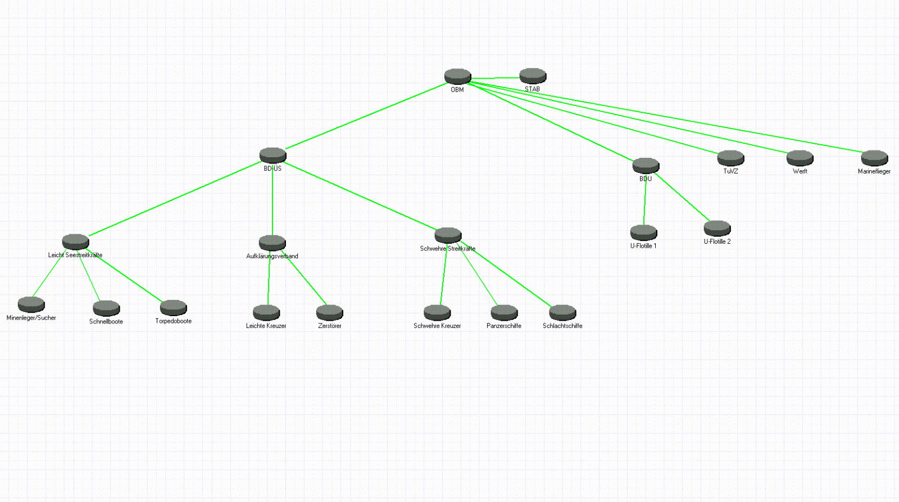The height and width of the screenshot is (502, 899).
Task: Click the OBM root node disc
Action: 457,76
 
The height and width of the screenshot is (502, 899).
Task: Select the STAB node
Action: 533,76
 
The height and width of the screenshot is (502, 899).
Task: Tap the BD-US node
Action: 273,155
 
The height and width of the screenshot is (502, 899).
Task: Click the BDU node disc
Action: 646,166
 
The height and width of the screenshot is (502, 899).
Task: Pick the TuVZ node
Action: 730,158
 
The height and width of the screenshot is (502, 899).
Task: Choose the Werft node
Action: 800,158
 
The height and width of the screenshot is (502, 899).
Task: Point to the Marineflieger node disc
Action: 874,158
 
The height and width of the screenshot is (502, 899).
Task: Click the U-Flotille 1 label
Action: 643,246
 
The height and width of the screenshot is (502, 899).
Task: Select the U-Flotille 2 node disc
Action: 717,228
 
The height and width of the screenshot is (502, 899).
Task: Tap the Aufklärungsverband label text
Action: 272,256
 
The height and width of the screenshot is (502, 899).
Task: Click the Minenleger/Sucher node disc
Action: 31,304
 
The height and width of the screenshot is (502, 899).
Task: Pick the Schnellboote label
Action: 106,322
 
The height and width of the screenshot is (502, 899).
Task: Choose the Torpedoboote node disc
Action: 173,308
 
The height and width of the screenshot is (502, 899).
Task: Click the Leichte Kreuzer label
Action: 266,326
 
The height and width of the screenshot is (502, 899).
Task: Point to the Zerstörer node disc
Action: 329,312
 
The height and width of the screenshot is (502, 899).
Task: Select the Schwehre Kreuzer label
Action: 437,326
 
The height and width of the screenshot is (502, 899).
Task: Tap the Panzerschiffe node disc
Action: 504,312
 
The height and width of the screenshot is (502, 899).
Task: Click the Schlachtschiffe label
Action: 562,326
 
